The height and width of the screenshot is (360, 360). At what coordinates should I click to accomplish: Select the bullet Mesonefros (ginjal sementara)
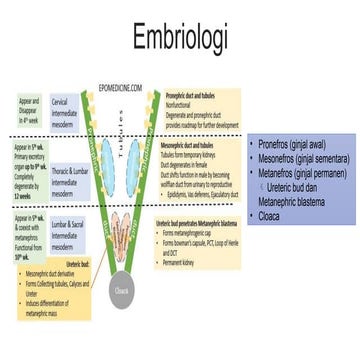301,157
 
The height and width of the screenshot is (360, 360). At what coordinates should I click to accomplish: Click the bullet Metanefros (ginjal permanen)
299,171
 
